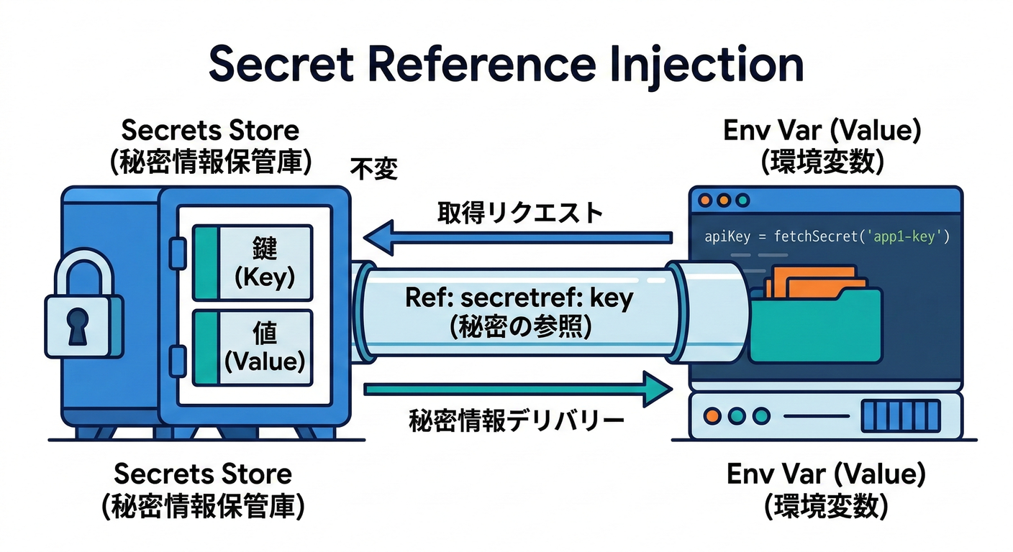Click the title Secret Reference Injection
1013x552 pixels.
tap(506, 65)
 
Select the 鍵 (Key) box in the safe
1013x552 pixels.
tap(252, 262)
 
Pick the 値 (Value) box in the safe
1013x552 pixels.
tap(252, 346)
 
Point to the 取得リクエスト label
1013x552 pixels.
tap(519, 213)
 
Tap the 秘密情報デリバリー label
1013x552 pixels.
tap(516, 420)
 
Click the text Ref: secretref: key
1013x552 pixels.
tap(519, 299)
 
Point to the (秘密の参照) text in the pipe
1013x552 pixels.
tap(519, 327)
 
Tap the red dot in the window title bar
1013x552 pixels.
tap(704, 201)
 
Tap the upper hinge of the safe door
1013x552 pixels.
tap(173, 249)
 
